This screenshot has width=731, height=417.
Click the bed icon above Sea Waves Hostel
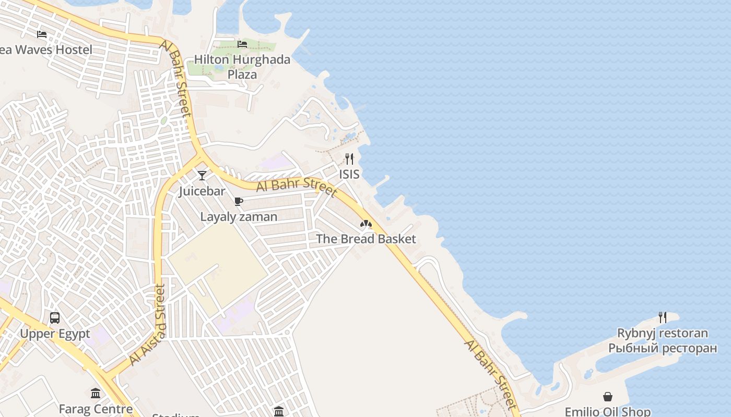click(42, 34)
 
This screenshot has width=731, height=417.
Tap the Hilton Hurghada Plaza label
click(242, 67)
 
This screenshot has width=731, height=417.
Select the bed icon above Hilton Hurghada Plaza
click(242, 44)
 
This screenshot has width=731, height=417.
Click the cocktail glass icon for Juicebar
click(202, 175)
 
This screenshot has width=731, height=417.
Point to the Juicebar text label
click(202, 191)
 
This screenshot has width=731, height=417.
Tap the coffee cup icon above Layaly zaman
click(239, 201)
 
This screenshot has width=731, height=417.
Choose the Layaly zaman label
click(239, 217)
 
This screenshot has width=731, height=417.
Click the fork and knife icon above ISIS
click(349, 158)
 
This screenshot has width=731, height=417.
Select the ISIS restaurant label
click(349, 174)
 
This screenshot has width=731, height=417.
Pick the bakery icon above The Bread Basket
click(366, 224)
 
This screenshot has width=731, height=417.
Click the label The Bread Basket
click(366, 239)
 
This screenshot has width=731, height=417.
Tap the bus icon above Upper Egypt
click(55, 317)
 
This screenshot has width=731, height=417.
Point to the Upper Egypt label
click(55, 334)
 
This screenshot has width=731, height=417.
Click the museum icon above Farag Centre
click(95, 393)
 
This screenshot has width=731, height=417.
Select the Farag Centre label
click(96, 409)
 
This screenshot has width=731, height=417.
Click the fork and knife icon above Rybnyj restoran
click(663, 317)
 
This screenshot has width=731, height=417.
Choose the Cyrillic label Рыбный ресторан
click(663, 348)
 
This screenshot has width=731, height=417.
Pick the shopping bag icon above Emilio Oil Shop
click(608, 397)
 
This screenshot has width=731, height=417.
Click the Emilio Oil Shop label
click(608, 412)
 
